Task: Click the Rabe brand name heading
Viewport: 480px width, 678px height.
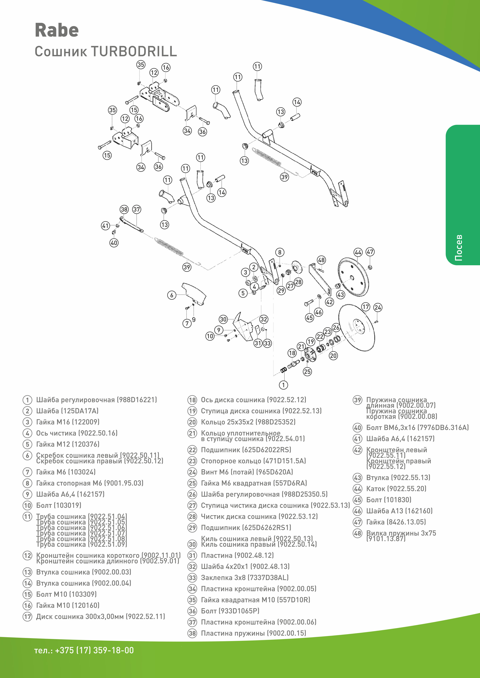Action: (57, 30)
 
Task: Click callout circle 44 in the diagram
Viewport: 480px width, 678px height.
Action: (358, 252)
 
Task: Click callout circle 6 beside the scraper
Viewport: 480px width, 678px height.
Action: (172, 295)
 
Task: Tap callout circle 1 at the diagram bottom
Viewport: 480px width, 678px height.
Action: (283, 385)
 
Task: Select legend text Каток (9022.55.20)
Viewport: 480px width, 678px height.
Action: (396, 489)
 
